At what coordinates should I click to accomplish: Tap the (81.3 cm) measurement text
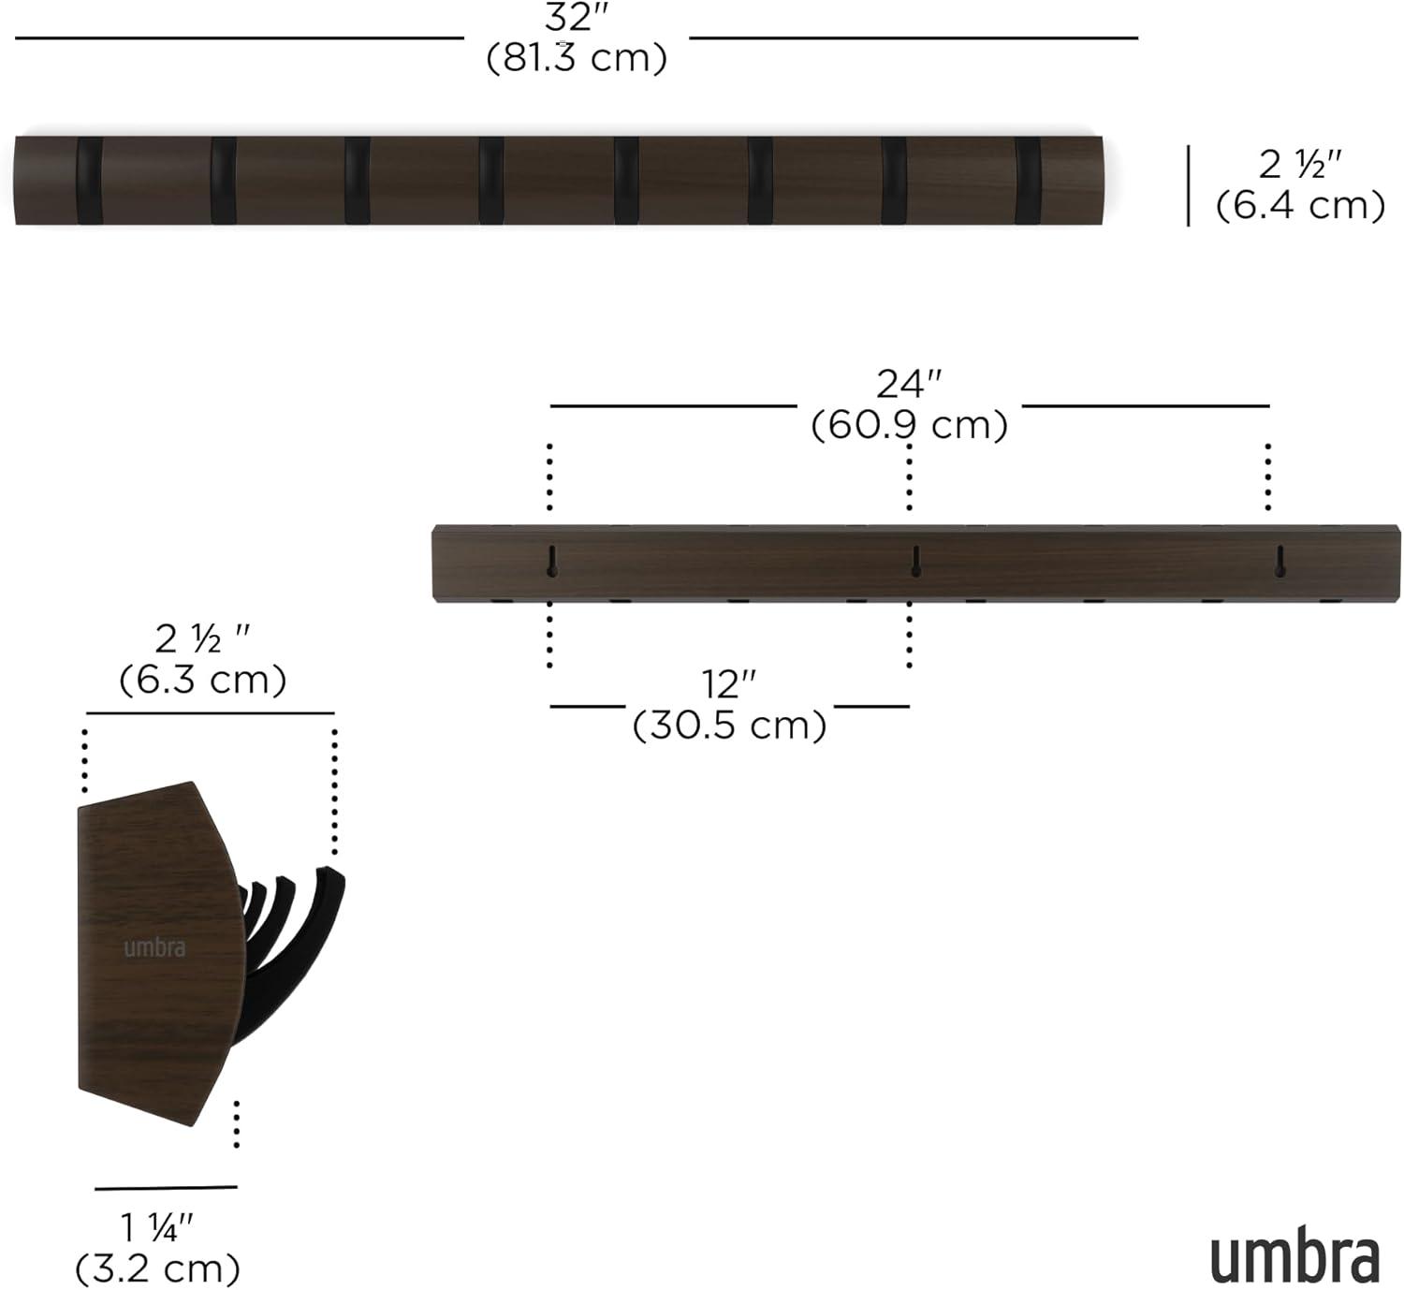click(577, 58)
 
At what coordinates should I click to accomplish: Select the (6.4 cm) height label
click(1300, 205)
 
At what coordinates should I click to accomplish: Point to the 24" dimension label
click(909, 384)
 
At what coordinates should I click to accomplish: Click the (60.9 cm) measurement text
click(909, 425)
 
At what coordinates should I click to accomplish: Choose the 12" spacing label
click(729, 684)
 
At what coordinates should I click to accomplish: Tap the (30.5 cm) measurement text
click(729, 726)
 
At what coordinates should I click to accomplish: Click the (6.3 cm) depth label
click(202, 680)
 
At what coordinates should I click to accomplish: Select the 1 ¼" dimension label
click(157, 1228)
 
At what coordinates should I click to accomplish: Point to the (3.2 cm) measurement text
click(157, 1268)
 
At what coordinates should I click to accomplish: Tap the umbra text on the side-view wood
click(154, 947)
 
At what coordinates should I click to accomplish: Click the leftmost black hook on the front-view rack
click(90, 181)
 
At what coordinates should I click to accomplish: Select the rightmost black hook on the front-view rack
click(1028, 181)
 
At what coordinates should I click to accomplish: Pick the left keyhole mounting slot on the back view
click(552, 561)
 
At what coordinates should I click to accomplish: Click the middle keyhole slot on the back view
click(916, 561)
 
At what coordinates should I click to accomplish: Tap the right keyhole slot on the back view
click(1280, 561)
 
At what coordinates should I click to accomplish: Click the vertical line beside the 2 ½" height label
click(1189, 185)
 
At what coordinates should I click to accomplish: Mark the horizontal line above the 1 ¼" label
click(166, 1188)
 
